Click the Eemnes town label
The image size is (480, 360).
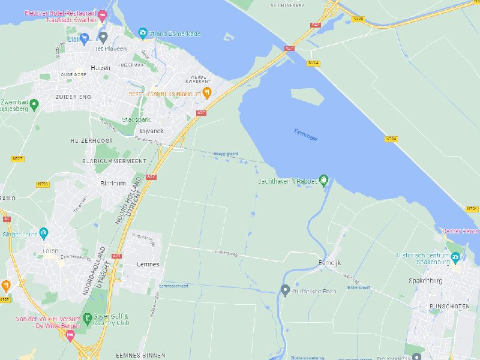[148, 264]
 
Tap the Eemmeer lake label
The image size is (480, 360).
[306, 134]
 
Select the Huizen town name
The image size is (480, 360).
[100, 68]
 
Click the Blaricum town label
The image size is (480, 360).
[113, 184]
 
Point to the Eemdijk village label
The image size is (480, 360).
[329, 263]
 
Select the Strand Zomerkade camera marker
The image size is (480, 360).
[142, 33]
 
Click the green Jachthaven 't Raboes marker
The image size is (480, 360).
[324, 179]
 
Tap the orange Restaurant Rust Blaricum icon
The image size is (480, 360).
[207, 92]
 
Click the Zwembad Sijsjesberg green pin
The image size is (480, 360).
[34, 105]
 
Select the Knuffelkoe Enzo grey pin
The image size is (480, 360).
[286, 290]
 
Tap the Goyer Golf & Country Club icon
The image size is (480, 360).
[88, 317]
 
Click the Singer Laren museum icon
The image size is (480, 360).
[43, 233]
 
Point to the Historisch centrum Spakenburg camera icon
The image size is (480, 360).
[456, 258]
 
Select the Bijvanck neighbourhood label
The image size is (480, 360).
[151, 130]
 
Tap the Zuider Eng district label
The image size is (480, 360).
[71, 96]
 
